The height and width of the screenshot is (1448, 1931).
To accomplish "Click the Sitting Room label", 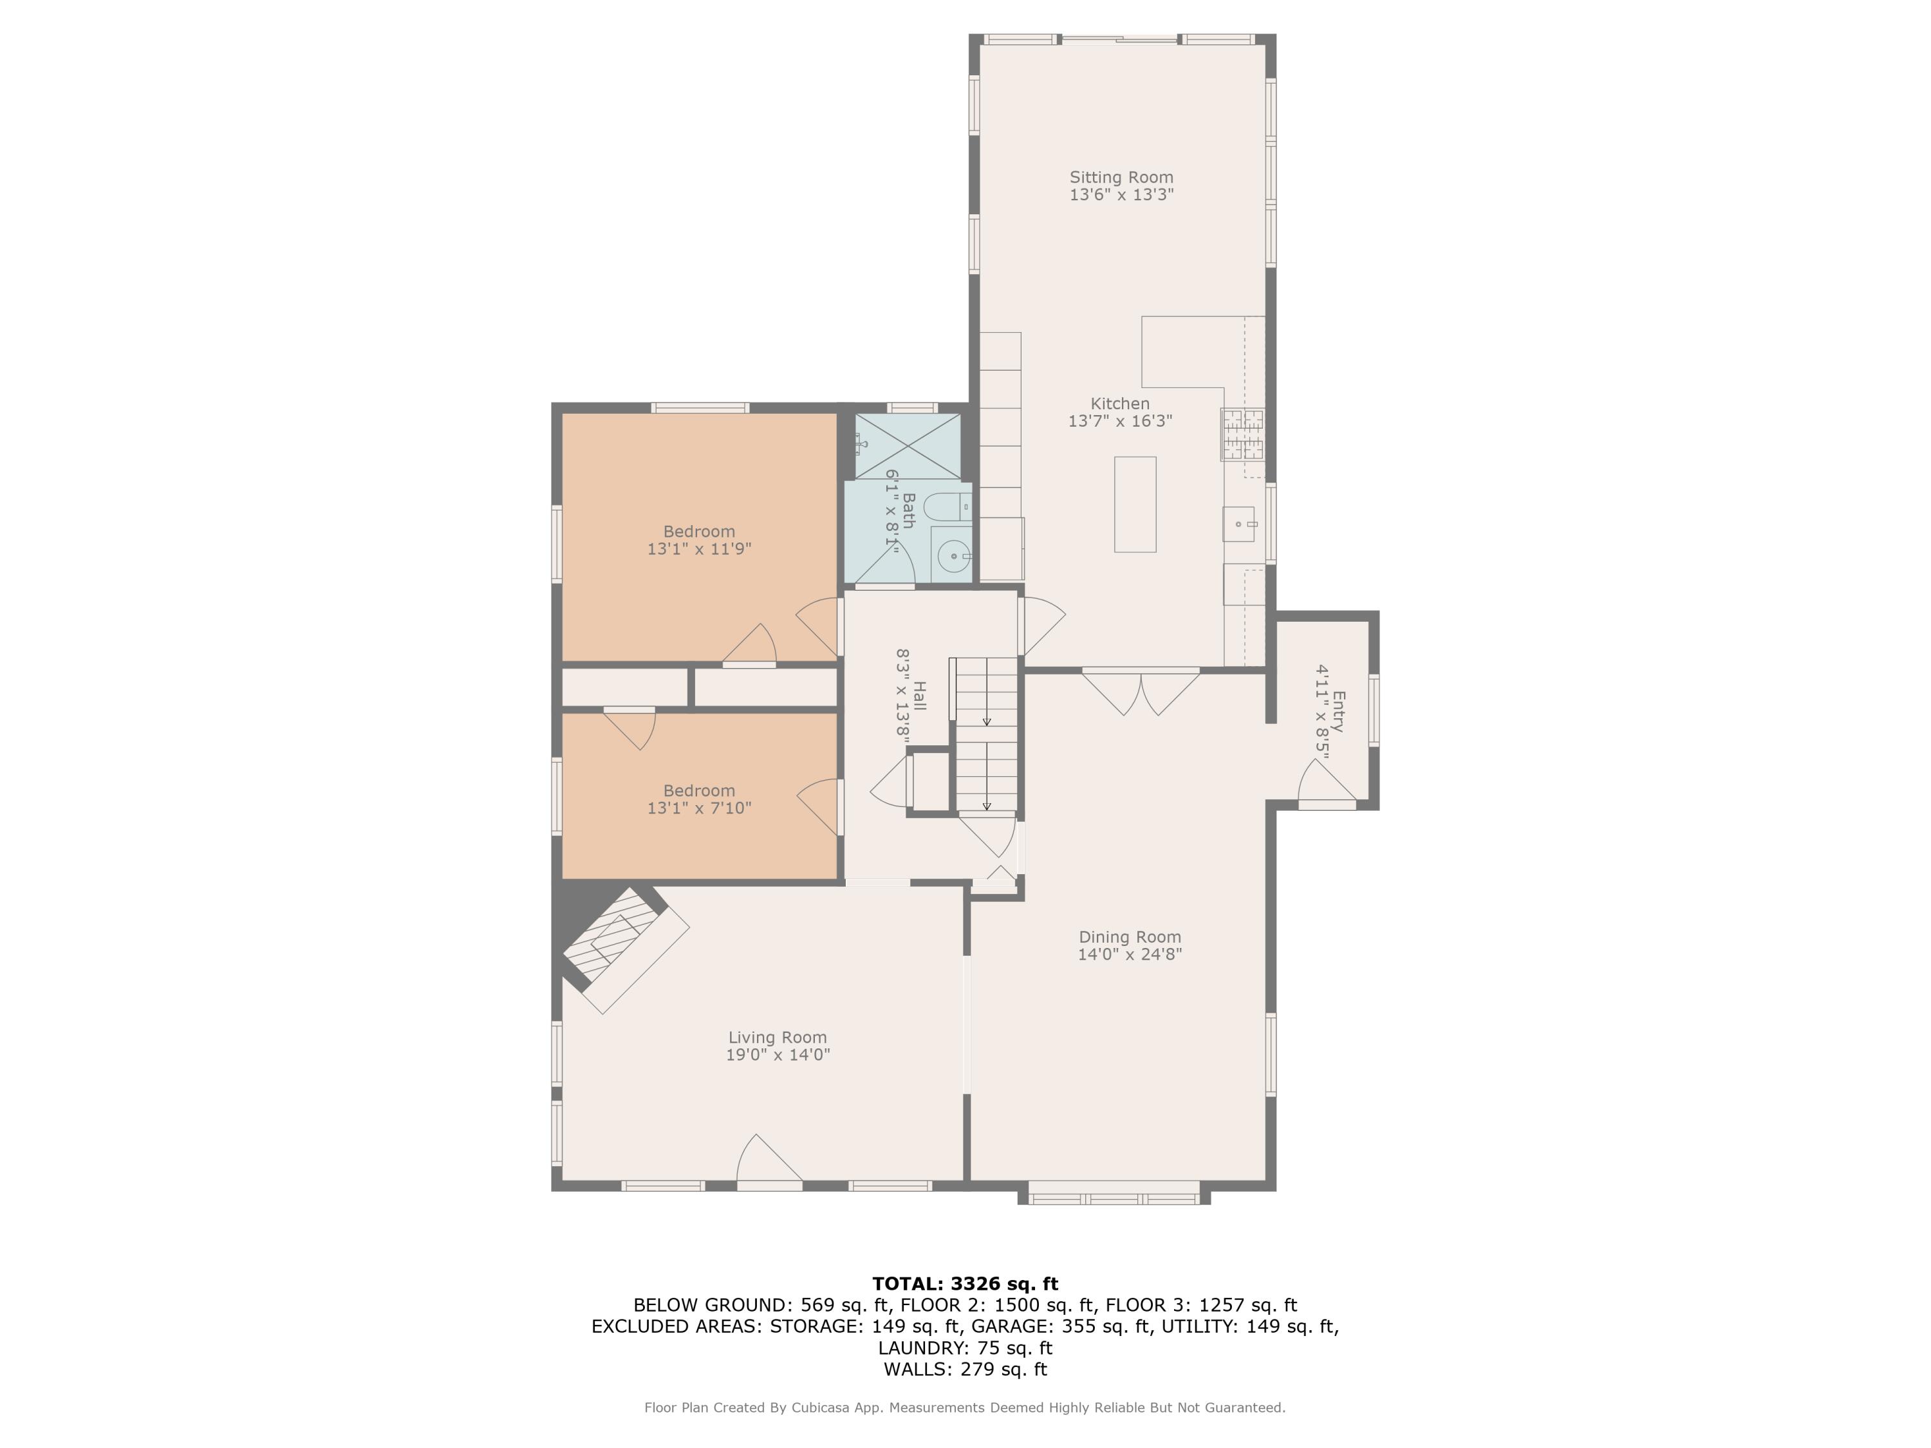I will (1121, 177).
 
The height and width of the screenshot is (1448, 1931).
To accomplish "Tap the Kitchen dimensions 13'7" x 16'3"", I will (1120, 421).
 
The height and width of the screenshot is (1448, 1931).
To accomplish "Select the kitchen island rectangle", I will (1135, 504).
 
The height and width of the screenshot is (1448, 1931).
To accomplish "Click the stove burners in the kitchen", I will (1242, 434).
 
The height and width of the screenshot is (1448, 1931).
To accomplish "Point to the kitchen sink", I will (1238, 524).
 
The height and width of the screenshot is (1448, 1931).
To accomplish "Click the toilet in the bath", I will (944, 506).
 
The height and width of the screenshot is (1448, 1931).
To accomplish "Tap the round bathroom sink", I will (953, 555).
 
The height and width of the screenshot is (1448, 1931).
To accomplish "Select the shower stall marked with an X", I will (907, 447).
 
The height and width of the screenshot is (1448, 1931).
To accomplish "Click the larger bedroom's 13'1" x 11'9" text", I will (698, 549).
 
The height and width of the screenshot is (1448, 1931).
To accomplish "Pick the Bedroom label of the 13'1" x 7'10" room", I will (698, 791).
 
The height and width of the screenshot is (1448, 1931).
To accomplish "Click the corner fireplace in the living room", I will (620, 947).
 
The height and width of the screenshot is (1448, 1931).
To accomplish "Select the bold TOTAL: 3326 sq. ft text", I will (965, 1283).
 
